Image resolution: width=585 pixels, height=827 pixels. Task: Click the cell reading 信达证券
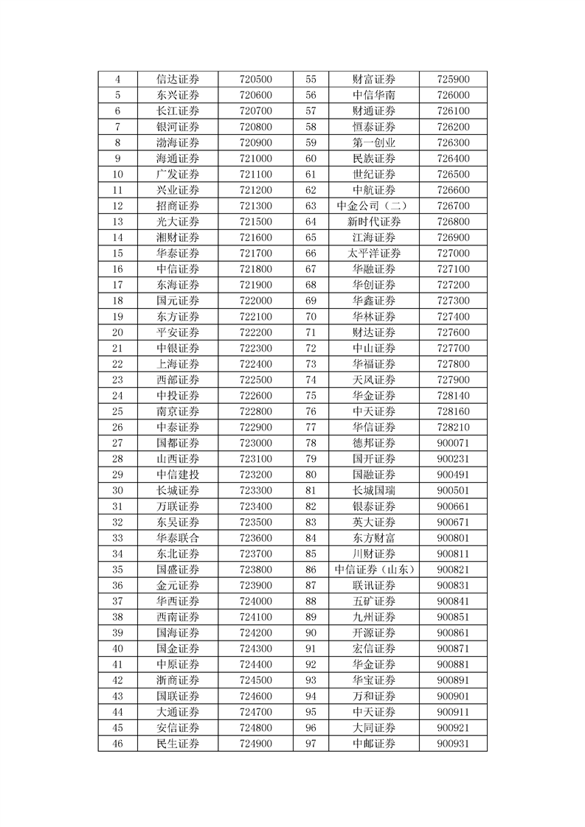point(178,80)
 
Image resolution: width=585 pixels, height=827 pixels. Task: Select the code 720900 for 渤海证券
point(256,143)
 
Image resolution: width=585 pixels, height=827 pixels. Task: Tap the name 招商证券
point(178,206)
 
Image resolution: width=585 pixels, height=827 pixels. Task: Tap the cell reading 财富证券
point(374,80)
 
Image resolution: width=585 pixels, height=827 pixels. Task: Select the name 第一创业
point(374,143)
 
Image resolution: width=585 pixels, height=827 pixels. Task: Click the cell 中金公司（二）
point(374,206)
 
